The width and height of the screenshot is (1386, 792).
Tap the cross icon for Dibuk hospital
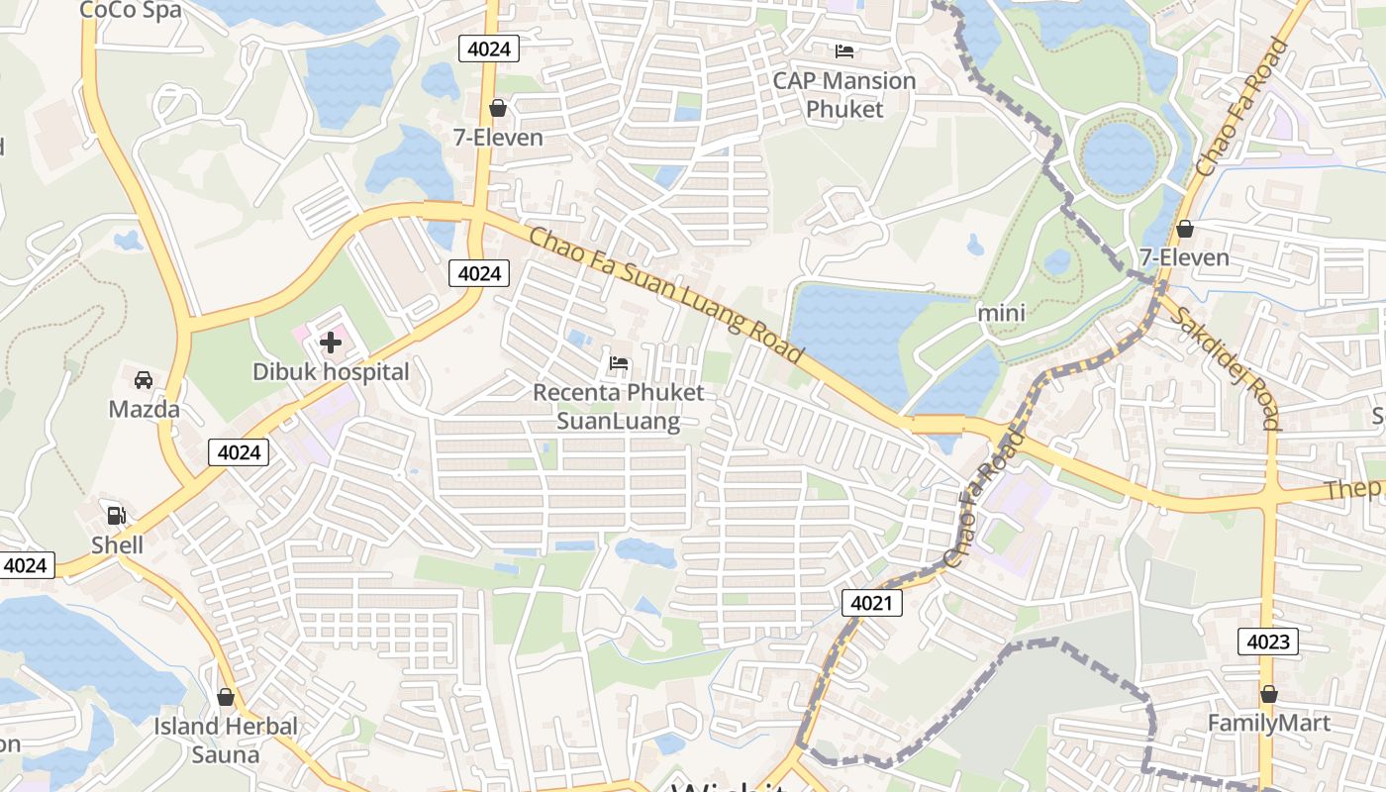(x=331, y=344)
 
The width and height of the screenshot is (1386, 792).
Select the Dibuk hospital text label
(x=331, y=372)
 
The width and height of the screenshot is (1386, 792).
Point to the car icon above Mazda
(x=144, y=380)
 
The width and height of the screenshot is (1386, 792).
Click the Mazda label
(x=145, y=409)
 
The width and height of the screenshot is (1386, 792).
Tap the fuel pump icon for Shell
(x=117, y=516)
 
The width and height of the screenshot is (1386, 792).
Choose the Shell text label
(x=118, y=544)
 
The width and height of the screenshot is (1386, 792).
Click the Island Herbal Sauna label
(x=226, y=740)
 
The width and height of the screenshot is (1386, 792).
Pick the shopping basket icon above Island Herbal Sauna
(x=226, y=697)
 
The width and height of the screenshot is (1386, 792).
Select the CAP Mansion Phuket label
(x=844, y=94)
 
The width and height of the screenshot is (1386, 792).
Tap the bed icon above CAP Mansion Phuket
(x=844, y=50)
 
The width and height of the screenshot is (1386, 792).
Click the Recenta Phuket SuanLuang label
(x=619, y=406)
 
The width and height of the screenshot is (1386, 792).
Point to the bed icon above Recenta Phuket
(x=619, y=363)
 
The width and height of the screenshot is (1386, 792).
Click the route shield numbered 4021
(x=872, y=602)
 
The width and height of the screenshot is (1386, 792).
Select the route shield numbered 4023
(x=1268, y=642)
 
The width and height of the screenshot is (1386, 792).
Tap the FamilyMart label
(x=1268, y=724)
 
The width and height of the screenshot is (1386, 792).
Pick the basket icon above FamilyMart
(x=1268, y=695)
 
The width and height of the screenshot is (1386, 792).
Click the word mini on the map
(x=1001, y=313)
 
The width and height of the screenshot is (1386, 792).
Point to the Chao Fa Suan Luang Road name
(x=665, y=295)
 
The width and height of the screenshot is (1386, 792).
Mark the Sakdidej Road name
(x=1225, y=367)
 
